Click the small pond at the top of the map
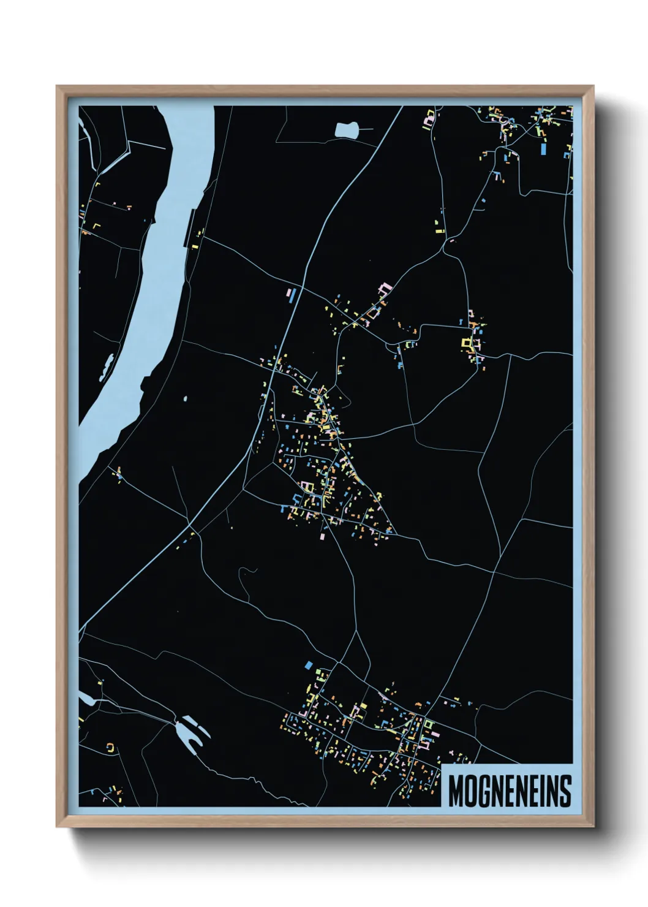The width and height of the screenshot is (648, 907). point(346,129)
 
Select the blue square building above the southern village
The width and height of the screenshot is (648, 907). point(309,664)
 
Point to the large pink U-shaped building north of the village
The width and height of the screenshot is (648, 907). point(384,287)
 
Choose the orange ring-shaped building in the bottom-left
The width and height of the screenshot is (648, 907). point(111,747)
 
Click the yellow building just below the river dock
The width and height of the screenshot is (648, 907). point(195,246)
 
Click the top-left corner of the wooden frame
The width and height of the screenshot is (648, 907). point(58,87)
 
